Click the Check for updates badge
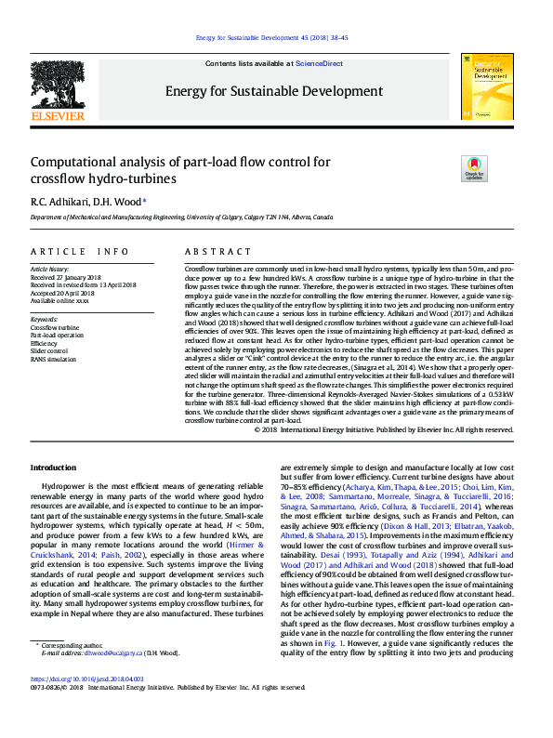(473, 169)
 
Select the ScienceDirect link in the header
(319, 63)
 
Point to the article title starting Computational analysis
(179, 170)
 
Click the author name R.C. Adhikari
(54, 201)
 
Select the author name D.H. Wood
(119, 201)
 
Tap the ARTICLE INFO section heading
(80, 252)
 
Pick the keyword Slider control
(49, 350)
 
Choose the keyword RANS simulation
(52, 359)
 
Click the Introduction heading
(54, 468)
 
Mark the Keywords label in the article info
(45, 319)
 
